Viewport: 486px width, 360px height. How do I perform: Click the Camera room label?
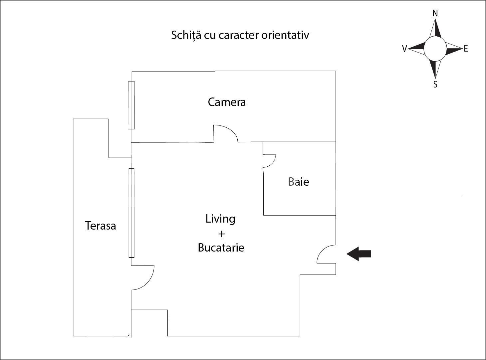227,102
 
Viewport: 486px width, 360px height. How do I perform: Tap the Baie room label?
299,182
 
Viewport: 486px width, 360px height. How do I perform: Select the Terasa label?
100,226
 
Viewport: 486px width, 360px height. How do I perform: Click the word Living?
220,219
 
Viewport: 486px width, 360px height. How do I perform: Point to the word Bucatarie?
221,248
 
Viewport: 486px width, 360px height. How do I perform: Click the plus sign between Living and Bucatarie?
221,234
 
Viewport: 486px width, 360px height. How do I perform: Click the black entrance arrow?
359,254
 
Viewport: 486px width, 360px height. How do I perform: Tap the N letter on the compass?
435,13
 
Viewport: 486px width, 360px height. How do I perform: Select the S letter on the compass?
435,85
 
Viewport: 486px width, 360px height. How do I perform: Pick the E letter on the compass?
466,49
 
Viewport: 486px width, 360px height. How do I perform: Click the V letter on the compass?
404,49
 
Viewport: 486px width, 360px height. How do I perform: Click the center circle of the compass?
435,49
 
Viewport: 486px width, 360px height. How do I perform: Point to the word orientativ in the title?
285,35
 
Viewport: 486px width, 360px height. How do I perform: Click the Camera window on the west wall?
131,105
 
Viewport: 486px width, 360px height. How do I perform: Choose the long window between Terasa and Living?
131,213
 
